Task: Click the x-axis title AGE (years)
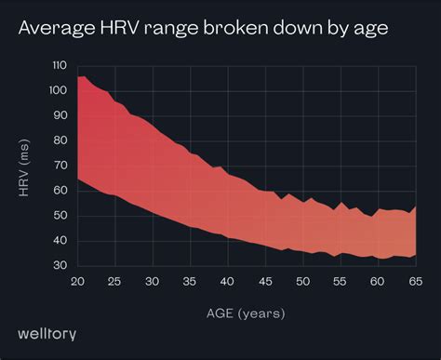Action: pyautogui.click(x=246, y=313)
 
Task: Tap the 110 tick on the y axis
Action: pyautogui.click(x=59, y=66)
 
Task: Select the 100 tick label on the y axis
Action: pyautogui.click(x=59, y=91)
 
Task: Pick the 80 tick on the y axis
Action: pyautogui.click(x=60, y=141)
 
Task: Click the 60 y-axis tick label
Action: pyautogui.click(x=60, y=192)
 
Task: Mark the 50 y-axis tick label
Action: pyautogui.click(x=60, y=217)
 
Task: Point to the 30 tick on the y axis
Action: pyautogui.click(x=60, y=266)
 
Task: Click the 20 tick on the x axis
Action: pyautogui.click(x=79, y=280)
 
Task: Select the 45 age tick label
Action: pyautogui.click(x=265, y=280)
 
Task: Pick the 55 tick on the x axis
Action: pyautogui.click(x=340, y=280)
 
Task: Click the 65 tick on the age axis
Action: pyautogui.click(x=413, y=280)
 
